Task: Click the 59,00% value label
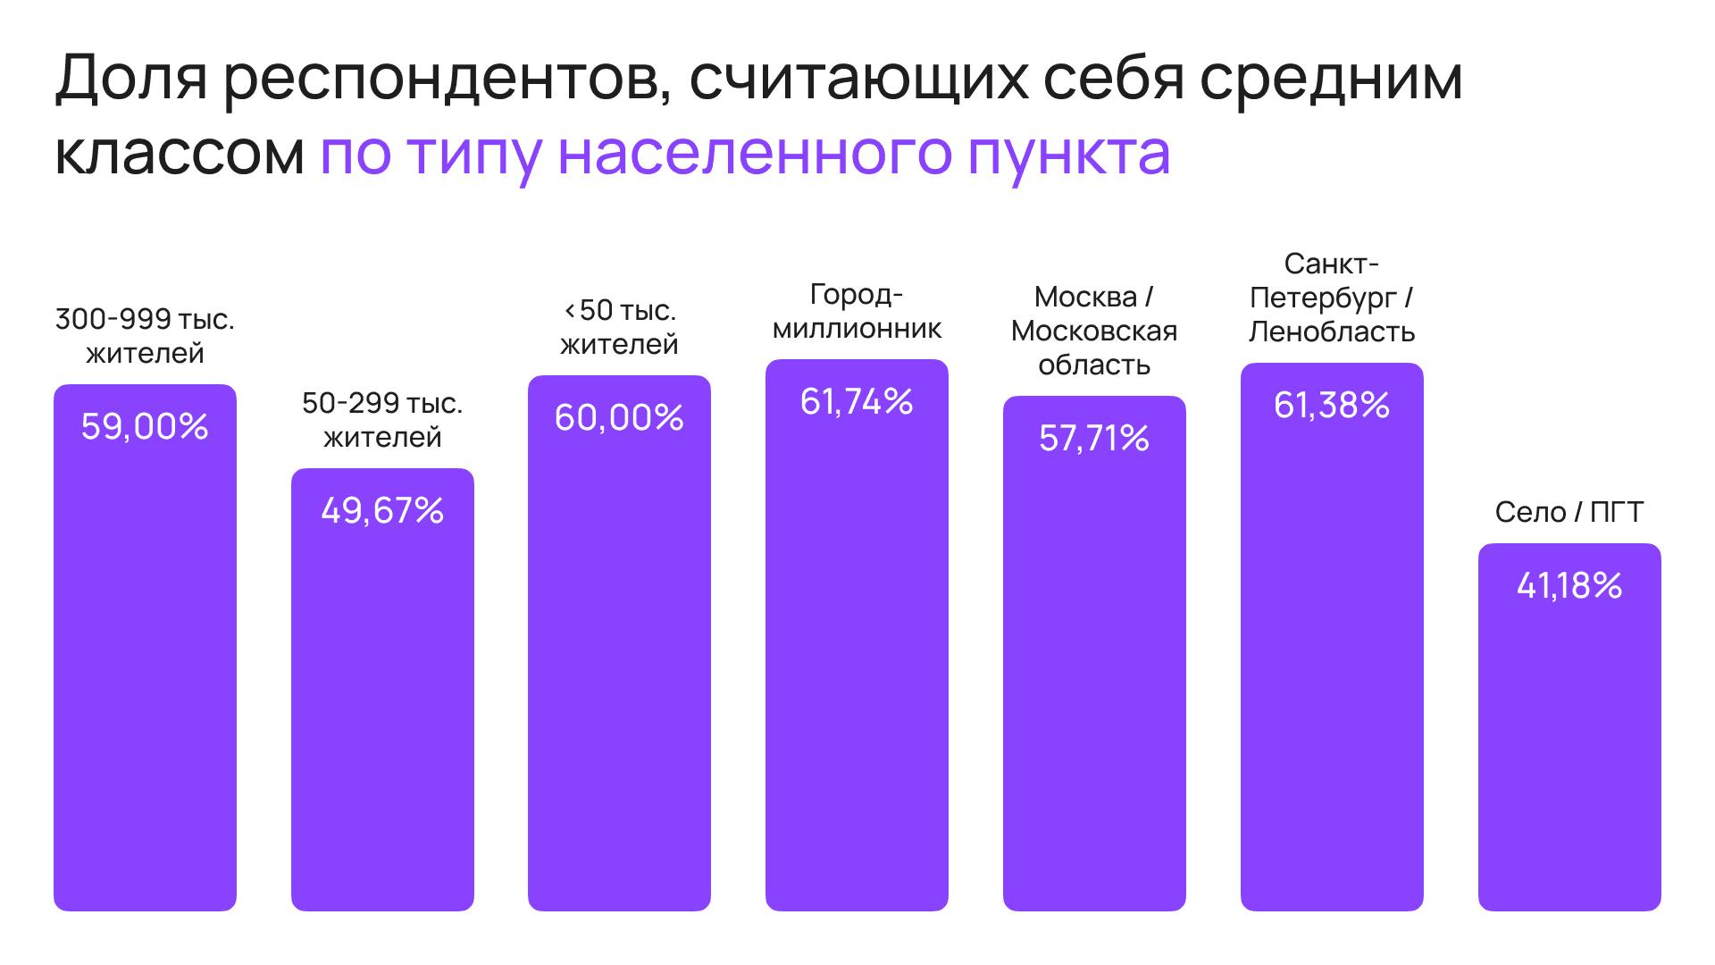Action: click(145, 427)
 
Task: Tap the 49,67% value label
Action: click(382, 511)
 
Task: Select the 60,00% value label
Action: click(619, 418)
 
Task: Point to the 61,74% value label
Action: click(857, 402)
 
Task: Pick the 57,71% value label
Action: click(1094, 439)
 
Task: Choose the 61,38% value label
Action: click(1332, 406)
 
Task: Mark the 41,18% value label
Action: click(1569, 586)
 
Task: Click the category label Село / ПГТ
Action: click(1569, 512)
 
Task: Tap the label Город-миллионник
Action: click(857, 312)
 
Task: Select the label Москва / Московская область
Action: click(1094, 331)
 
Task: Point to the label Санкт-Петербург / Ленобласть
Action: click(1332, 298)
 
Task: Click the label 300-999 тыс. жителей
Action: click(145, 336)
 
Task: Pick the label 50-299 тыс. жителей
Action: click(382, 420)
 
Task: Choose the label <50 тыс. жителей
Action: click(619, 327)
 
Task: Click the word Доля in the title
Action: click(131, 79)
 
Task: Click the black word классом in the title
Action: click(180, 154)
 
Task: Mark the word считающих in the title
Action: click(858, 79)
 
